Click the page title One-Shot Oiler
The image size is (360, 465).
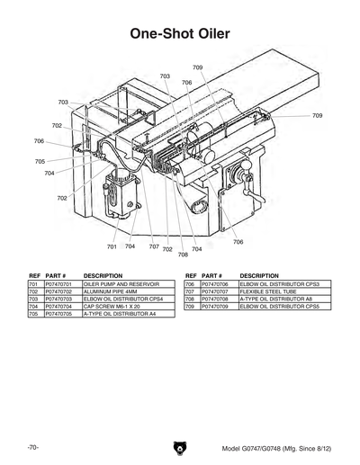[x=180, y=34]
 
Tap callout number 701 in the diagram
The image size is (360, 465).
[x=112, y=246]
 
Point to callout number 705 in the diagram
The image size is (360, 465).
[x=40, y=161]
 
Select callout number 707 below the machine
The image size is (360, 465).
[x=154, y=246]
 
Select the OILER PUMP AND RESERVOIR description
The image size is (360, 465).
[x=121, y=283]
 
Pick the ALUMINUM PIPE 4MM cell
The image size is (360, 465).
[x=111, y=291]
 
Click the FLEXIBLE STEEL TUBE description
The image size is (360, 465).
[x=266, y=291]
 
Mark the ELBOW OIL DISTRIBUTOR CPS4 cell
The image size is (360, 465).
[x=123, y=300]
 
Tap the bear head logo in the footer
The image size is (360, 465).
[x=180, y=447]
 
